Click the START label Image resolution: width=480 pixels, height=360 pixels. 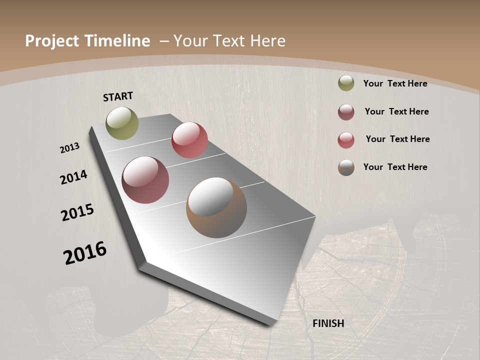(118, 96)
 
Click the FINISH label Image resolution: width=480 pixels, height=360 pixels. (328, 323)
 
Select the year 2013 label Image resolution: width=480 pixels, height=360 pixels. (70, 148)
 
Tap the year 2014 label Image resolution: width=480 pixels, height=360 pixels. (74, 177)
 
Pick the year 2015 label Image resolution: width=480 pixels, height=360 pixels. (77, 212)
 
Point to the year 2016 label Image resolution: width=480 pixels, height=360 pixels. (85, 253)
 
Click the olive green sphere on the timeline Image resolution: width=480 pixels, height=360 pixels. (122, 123)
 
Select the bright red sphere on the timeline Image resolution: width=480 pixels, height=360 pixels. (189, 140)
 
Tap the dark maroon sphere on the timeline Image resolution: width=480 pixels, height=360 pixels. (145, 180)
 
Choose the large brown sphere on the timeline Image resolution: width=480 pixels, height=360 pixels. (216, 207)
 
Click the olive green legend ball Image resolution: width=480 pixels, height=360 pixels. (346, 83)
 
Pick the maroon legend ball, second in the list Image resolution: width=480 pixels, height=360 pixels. (346, 112)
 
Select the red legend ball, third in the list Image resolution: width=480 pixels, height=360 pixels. (346, 140)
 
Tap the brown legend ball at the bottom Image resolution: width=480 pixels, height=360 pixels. (346, 167)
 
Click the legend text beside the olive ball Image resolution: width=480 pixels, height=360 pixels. (395, 83)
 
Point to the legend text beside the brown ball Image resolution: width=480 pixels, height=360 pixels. (395, 167)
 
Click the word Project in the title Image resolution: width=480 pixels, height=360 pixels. (51, 41)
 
